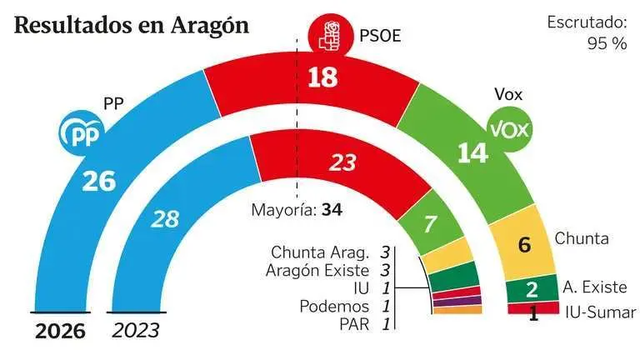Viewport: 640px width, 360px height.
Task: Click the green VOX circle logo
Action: [x=508, y=130]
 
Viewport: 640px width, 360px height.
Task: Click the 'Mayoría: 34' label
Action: [x=298, y=209]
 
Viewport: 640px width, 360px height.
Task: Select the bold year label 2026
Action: [x=60, y=331]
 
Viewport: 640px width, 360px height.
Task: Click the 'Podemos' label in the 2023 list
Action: [x=334, y=307]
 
